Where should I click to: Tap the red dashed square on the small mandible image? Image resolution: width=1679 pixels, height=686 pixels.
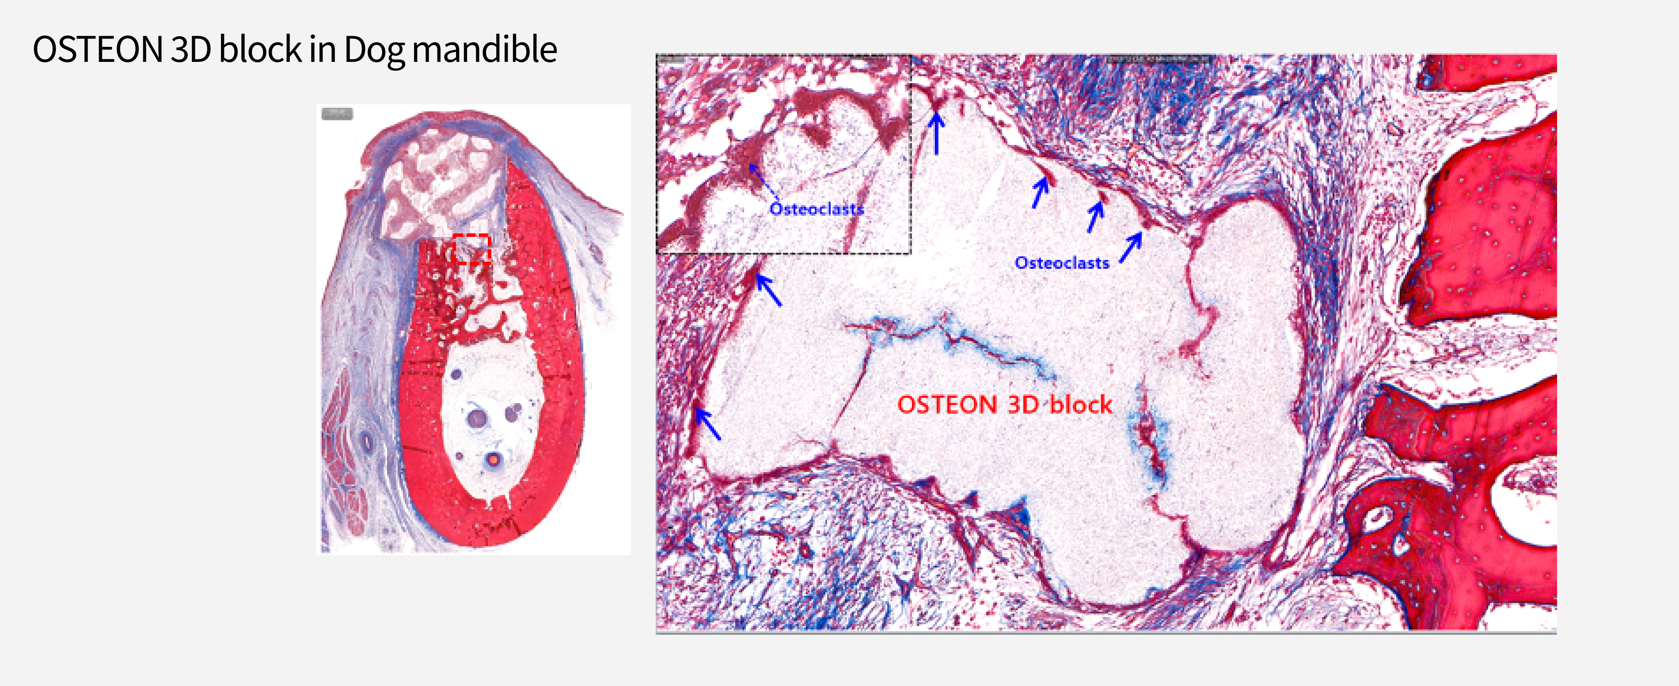pyautogui.click(x=471, y=248)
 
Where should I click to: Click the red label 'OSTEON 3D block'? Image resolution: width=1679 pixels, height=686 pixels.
pyautogui.click(x=1004, y=404)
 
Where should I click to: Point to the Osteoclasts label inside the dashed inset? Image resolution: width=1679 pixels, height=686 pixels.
pyautogui.click(x=817, y=209)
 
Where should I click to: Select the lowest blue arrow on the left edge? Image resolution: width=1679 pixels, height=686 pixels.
pyautogui.click(x=707, y=423)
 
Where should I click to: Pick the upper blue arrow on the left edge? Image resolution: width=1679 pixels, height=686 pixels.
pyautogui.click(x=768, y=290)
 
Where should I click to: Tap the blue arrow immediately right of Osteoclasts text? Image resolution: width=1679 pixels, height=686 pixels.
pyautogui.click(x=1131, y=248)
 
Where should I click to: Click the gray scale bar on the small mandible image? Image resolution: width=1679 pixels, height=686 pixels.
pyautogui.click(x=337, y=114)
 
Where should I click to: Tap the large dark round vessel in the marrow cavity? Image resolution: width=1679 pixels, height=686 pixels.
pyautogui.click(x=478, y=417)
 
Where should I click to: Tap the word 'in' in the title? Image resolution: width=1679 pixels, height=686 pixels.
pyautogui.click(x=323, y=50)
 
